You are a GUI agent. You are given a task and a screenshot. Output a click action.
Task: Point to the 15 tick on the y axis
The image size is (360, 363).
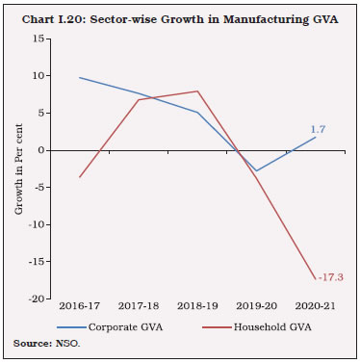(41, 39)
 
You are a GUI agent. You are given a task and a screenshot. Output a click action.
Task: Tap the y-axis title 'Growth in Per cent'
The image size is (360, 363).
(17, 169)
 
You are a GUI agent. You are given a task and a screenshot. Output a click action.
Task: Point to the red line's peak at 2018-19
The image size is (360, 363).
(198, 91)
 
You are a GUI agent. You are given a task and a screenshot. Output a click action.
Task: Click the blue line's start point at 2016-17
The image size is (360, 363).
(80, 77)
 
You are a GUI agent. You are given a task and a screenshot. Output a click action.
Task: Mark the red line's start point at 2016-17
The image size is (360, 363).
(80, 177)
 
